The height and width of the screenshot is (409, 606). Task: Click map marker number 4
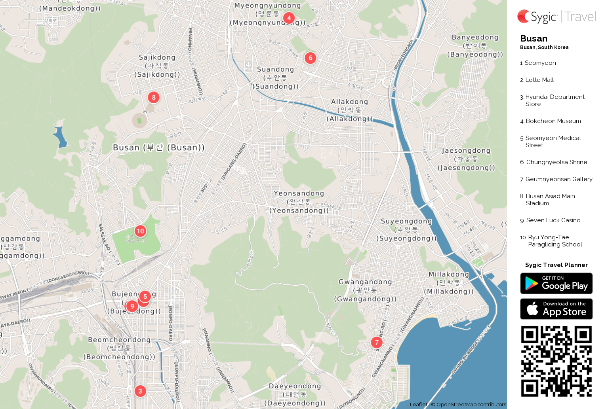pos(289,18)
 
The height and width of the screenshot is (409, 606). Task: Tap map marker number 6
pos(311,58)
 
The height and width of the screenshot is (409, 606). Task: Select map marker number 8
pos(154,97)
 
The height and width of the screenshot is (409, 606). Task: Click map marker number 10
pos(140,231)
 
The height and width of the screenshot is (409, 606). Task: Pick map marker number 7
pos(377,343)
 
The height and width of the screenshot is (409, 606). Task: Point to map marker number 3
pos(140,391)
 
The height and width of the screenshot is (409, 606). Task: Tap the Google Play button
pos(556,284)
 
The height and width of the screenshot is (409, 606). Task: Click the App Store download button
pos(556,309)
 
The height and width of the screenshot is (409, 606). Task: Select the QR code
pos(556,361)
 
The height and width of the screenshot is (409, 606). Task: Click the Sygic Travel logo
pos(556,17)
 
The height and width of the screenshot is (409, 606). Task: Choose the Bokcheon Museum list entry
pos(553,121)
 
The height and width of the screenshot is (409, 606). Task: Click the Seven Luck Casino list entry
pos(553,220)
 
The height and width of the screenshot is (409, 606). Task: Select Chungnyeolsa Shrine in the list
pos(556,162)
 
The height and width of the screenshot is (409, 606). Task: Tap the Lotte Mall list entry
pos(539,80)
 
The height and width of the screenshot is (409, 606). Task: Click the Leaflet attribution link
pos(419,404)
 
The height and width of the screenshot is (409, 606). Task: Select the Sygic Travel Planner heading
pos(556,265)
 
